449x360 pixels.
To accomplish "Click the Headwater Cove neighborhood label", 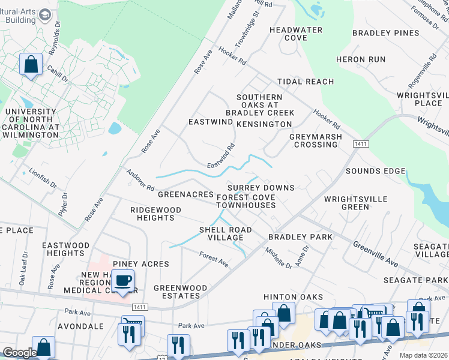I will tap(296, 34).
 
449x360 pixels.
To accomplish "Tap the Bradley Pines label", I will tap(385, 33).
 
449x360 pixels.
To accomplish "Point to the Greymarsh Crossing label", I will tap(316, 140).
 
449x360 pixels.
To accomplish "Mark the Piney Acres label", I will tap(144, 264).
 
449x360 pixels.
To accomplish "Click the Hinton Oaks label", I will tap(293, 297).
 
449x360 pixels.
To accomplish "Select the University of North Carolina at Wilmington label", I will tap(32, 123).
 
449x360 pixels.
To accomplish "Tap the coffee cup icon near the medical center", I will tap(124, 280).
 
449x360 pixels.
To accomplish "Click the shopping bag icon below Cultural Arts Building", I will tap(31, 64).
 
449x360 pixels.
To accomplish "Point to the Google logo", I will tap(19, 353).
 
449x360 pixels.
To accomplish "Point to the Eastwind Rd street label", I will tap(220, 155).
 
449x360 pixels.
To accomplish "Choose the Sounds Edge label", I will tap(375, 172).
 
